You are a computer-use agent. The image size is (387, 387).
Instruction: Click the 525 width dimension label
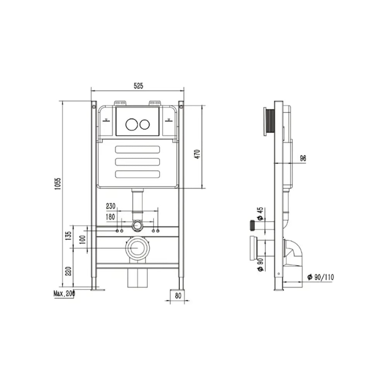138,86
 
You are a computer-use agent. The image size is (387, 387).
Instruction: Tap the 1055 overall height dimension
58,183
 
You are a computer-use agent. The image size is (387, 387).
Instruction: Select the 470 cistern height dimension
197,154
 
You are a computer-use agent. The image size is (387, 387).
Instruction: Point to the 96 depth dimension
303,158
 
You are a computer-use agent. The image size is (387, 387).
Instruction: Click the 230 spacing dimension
111,206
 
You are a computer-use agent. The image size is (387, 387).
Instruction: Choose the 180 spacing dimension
110,217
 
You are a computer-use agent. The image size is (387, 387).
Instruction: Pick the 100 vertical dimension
83,239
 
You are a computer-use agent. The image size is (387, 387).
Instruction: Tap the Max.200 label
64,293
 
